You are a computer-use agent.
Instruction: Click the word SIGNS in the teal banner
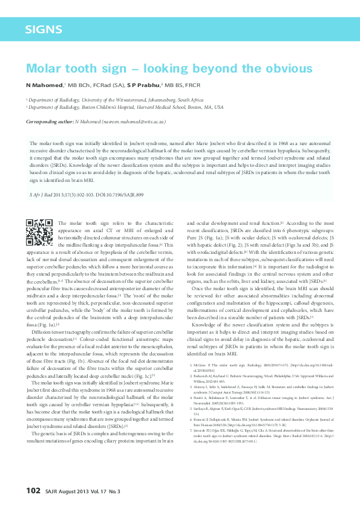tap(44, 29)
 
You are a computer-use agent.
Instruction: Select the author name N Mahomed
tap(44, 85)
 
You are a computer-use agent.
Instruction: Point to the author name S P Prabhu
tap(143, 85)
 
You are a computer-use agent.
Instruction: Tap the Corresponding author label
tap(48, 122)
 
